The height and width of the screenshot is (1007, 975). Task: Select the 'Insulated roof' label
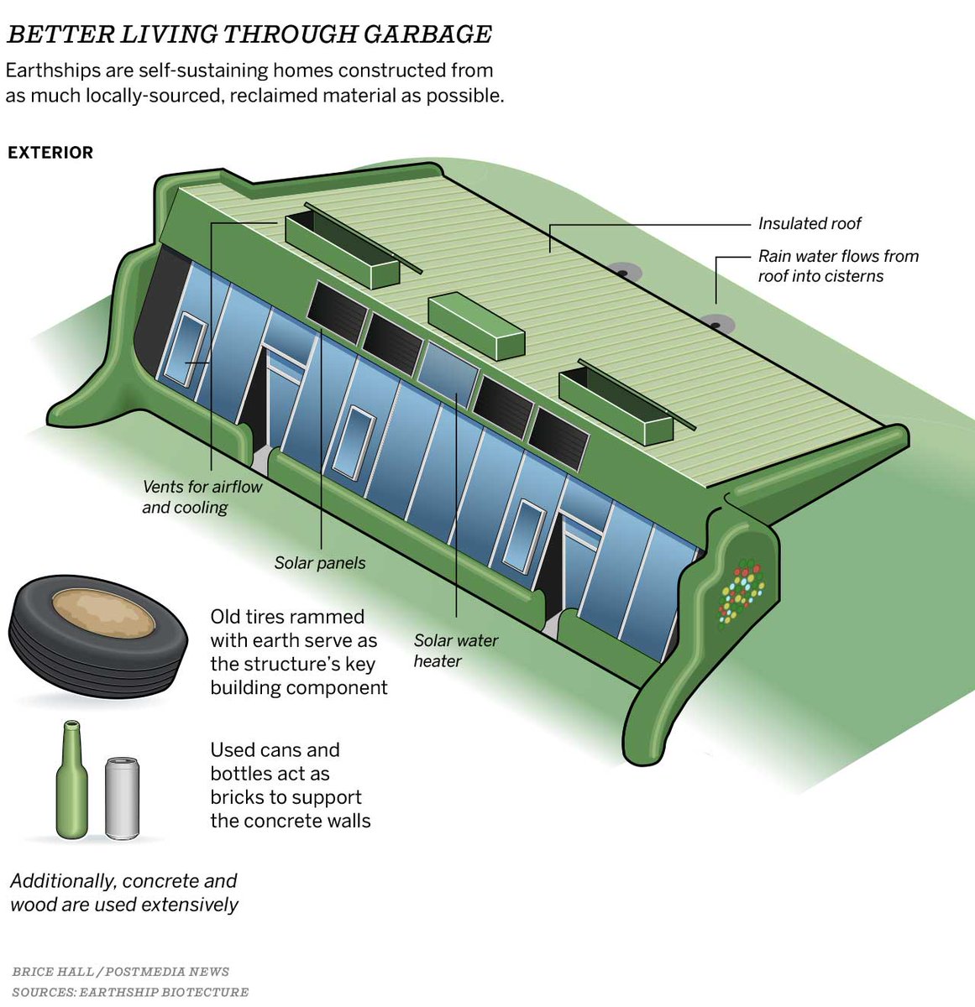click(809, 224)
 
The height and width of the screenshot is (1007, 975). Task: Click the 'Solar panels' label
click(320, 563)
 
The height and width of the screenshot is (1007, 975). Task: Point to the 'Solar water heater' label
click(455, 650)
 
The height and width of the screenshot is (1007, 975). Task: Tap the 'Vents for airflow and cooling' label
click(202, 497)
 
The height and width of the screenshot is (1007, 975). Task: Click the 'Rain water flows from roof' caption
click(837, 266)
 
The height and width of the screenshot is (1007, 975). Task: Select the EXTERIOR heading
click(50, 153)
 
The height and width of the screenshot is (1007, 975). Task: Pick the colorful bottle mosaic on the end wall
click(742, 592)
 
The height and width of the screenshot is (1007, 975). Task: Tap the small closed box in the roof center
click(476, 326)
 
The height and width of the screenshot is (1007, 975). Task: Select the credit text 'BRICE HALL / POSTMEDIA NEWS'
click(120, 972)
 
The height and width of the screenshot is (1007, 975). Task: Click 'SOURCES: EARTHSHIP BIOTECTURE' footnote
click(130, 992)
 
